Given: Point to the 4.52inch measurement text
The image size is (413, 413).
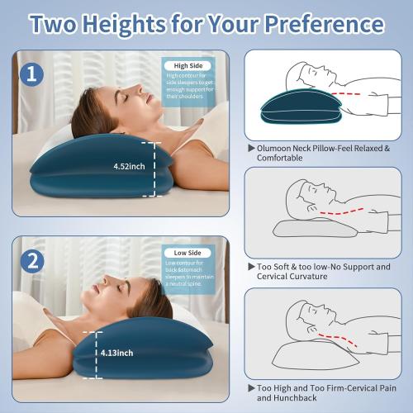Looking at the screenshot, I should click(x=130, y=165).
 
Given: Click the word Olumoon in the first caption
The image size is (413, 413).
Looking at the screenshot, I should click(x=278, y=148).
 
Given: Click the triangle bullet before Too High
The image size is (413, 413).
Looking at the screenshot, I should click(x=251, y=387).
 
